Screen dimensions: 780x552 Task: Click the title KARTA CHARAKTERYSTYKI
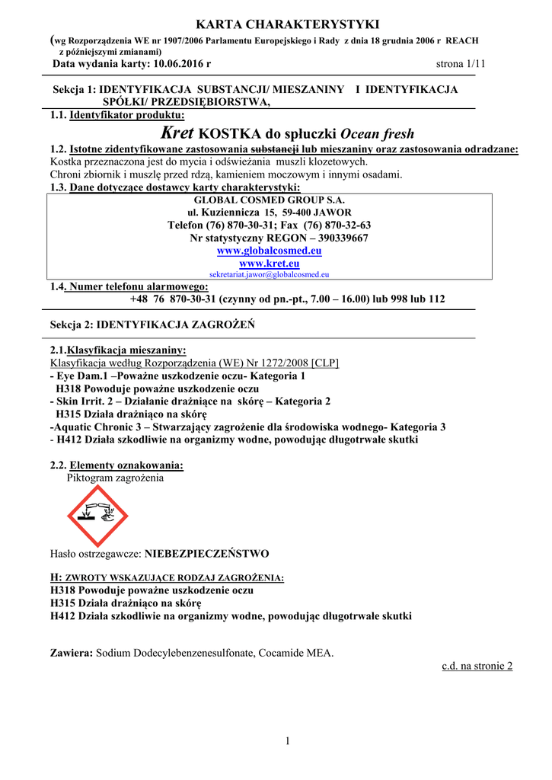point(277,25)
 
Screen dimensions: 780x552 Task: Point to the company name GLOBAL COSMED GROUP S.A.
point(270,200)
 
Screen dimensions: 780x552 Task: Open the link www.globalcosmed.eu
point(270,251)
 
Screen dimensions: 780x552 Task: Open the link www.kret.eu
point(270,263)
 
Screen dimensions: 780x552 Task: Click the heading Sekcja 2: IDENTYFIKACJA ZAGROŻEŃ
point(152,324)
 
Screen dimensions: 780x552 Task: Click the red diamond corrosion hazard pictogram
point(100,516)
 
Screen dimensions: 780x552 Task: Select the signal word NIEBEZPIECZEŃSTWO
point(207,553)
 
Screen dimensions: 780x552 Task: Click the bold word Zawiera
point(72,653)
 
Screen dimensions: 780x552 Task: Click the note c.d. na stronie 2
point(477,666)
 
